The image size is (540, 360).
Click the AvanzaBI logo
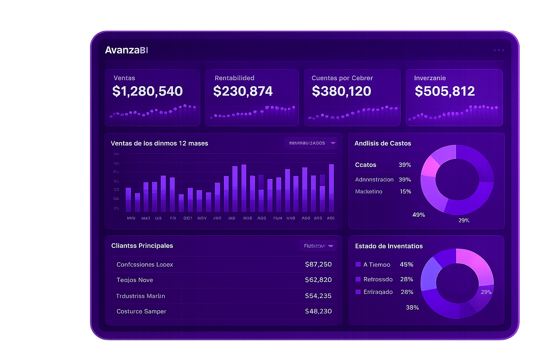(126, 50)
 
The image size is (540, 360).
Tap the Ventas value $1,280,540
(147, 91)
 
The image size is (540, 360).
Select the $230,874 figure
(243, 91)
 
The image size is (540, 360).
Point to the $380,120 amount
(341, 91)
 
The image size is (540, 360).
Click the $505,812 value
(445, 91)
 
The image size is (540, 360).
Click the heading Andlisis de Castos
(382, 143)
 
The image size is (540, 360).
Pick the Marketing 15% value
(405, 192)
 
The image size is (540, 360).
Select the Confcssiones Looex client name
(145, 265)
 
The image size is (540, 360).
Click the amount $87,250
(318, 264)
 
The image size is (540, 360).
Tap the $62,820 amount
(318, 280)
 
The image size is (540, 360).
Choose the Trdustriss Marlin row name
(141, 296)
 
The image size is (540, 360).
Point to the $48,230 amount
(318, 311)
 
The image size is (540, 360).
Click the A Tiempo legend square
(358, 264)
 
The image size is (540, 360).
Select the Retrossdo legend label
(378, 279)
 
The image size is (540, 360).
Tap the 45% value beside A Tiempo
(406, 264)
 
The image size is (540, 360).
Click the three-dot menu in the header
(499, 50)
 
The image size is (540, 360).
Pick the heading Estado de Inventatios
(389, 246)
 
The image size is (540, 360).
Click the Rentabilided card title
(234, 78)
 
